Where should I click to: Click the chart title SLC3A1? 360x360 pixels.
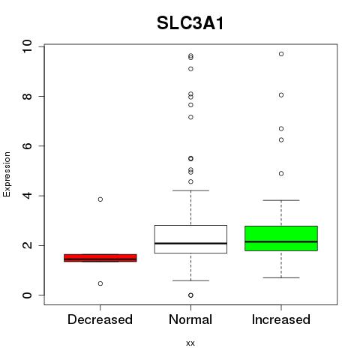click(x=190, y=23)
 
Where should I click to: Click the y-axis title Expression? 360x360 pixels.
click(x=7, y=174)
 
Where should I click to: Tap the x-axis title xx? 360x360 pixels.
click(x=190, y=343)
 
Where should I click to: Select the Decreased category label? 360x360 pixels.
click(x=100, y=319)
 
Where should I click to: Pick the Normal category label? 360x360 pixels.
click(x=190, y=319)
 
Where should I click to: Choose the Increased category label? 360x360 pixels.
click(x=281, y=319)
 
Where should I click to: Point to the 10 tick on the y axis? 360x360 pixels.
click(x=27, y=46)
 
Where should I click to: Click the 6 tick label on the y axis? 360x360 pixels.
click(x=27, y=146)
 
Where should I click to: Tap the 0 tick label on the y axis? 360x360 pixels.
click(x=27, y=295)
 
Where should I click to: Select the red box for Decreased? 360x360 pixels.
click(x=100, y=258)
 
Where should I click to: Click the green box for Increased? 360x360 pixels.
click(x=281, y=238)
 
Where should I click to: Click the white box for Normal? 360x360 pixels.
click(x=190, y=239)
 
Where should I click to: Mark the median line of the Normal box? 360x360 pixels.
click(x=190, y=243)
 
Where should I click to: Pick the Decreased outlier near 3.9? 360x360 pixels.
click(x=100, y=199)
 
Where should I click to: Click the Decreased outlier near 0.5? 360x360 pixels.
click(x=100, y=283)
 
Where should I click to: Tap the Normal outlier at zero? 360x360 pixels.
click(x=190, y=295)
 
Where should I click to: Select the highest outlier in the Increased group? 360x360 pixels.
click(x=281, y=54)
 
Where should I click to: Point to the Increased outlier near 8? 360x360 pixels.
click(x=281, y=95)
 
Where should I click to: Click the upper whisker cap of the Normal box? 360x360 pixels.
click(x=190, y=190)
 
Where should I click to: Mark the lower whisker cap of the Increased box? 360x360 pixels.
click(x=281, y=277)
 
